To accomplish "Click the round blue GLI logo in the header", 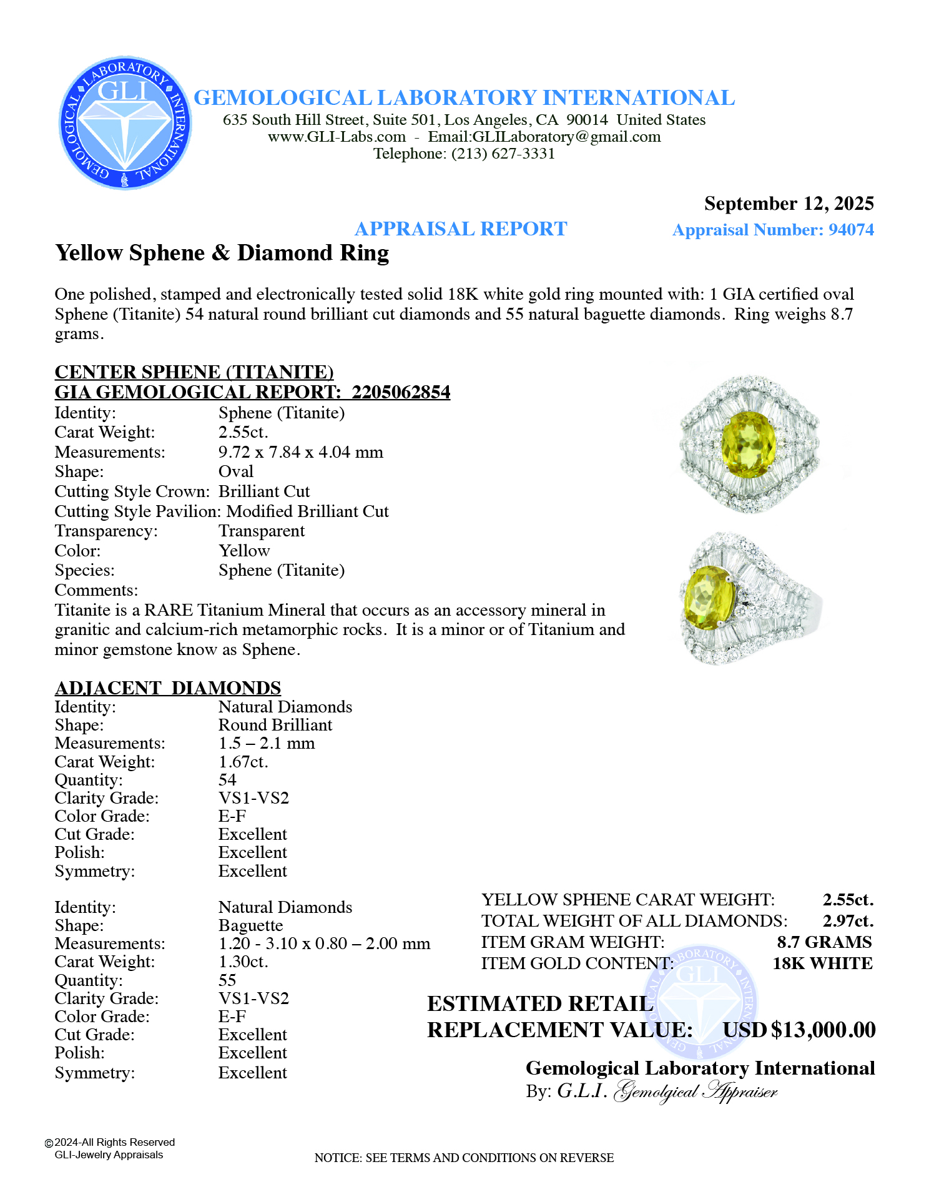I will tap(125, 123).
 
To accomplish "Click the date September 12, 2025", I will tap(789, 204).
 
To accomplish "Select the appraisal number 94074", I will tap(850, 230).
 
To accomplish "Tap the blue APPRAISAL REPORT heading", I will tap(461, 229).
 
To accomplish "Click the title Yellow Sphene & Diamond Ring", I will tap(222, 253).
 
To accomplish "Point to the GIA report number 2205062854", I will tap(401, 392).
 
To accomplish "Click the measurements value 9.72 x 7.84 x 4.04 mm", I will tap(300, 452).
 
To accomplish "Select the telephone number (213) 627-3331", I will tap(503, 154).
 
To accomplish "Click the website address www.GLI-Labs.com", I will tap(337, 137).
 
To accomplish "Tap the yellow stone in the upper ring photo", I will tap(748, 445).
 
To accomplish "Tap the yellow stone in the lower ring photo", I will tap(709, 597).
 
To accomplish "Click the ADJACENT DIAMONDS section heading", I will tap(168, 687).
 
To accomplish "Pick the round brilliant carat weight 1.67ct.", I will tap(243, 762).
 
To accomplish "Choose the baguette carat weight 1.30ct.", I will tap(243, 962).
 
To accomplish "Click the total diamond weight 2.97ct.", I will tap(848, 921).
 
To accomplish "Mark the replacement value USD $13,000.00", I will tap(799, 1030).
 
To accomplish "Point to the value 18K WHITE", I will tap(822, 963).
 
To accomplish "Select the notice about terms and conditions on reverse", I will tap(464, 1158).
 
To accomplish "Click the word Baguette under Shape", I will tap(250, 925).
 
